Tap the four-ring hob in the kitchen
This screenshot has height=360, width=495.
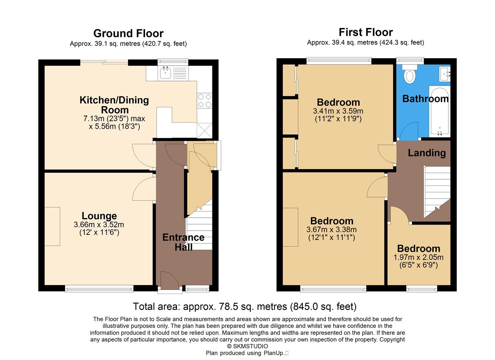205,101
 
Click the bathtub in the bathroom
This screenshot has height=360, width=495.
439,112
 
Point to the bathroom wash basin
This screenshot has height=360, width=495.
445,73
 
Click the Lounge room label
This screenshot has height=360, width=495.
99,216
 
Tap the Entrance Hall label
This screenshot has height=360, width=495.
183,242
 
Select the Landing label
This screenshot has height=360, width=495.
427,153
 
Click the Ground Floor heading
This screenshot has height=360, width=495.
128,33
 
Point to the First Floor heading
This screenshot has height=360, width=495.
366,32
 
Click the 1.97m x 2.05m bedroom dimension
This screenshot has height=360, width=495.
418,257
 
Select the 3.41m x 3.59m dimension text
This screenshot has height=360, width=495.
338,111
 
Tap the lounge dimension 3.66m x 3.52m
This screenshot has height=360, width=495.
99,225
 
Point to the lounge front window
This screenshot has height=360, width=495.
99,289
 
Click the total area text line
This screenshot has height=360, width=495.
245,306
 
